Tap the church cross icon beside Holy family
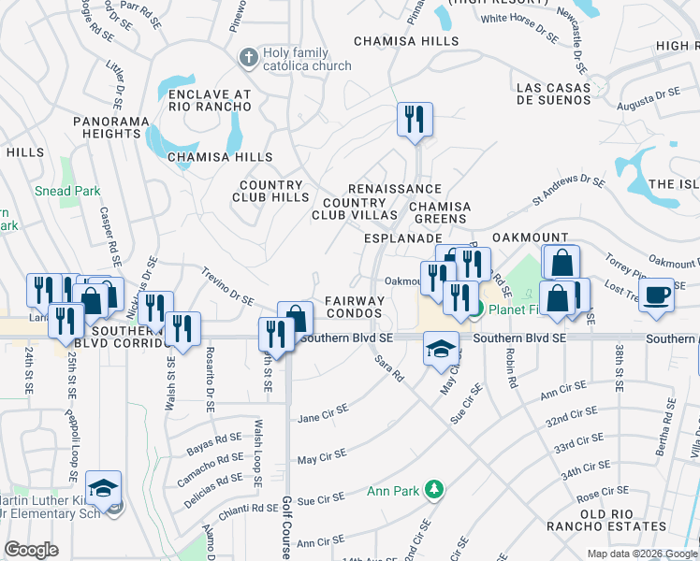coord(248,58)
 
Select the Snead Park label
coord(68,191)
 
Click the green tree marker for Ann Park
coord(433,489)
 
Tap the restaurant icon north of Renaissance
coord(412,120)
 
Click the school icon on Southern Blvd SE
coord(441,349)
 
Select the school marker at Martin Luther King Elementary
coord(104,488)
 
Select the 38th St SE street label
coord(619,367)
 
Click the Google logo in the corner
coord(32,549)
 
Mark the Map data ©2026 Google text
coord(641,554)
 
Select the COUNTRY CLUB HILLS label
coord(270,192)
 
